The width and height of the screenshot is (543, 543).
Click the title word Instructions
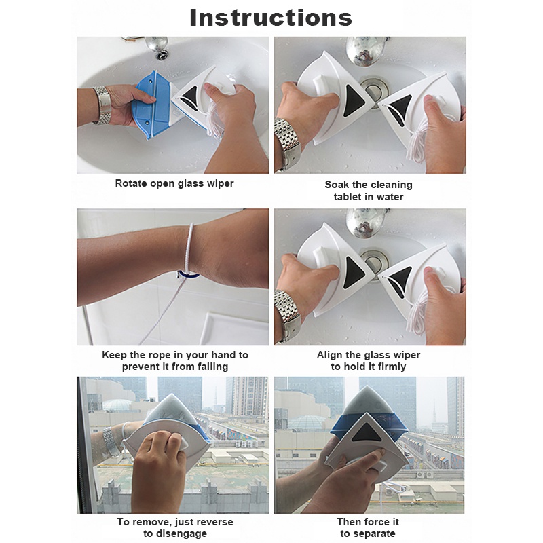tap(271, 18)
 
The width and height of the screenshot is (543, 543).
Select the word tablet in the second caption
tap(346, 197)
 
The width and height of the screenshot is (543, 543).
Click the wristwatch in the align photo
tap(286, 316)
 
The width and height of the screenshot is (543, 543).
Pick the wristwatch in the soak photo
tap(286, 145)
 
